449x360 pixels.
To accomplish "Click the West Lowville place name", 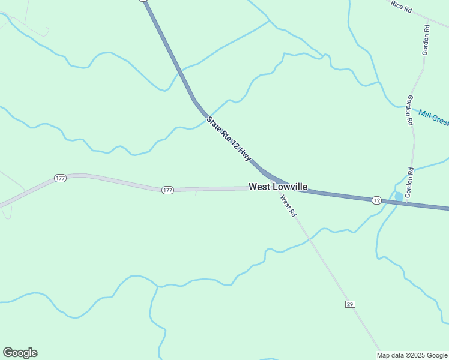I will click(x=278, y=187).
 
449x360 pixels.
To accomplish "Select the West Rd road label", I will click(x=288, y=206).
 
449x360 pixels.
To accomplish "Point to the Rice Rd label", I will click(x=402, y=6).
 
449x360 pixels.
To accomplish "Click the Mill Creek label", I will click(x=434, y=118).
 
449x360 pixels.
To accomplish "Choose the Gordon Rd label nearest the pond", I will click(x=410, y=183).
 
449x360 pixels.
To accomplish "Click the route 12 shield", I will click(x=376, y=199).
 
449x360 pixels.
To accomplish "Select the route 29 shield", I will click(x=350, y=304).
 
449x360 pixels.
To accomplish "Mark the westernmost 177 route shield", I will click(x=60, y=179).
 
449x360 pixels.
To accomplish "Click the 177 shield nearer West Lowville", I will click(x=167, y=190).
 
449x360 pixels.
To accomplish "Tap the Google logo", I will click(x=20, y=353).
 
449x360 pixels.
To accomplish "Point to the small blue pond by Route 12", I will click(x=399, y=197).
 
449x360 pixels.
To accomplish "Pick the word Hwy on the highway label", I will click(x=244, y=155).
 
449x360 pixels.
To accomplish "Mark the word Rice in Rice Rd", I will click(x=397, y=4).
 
